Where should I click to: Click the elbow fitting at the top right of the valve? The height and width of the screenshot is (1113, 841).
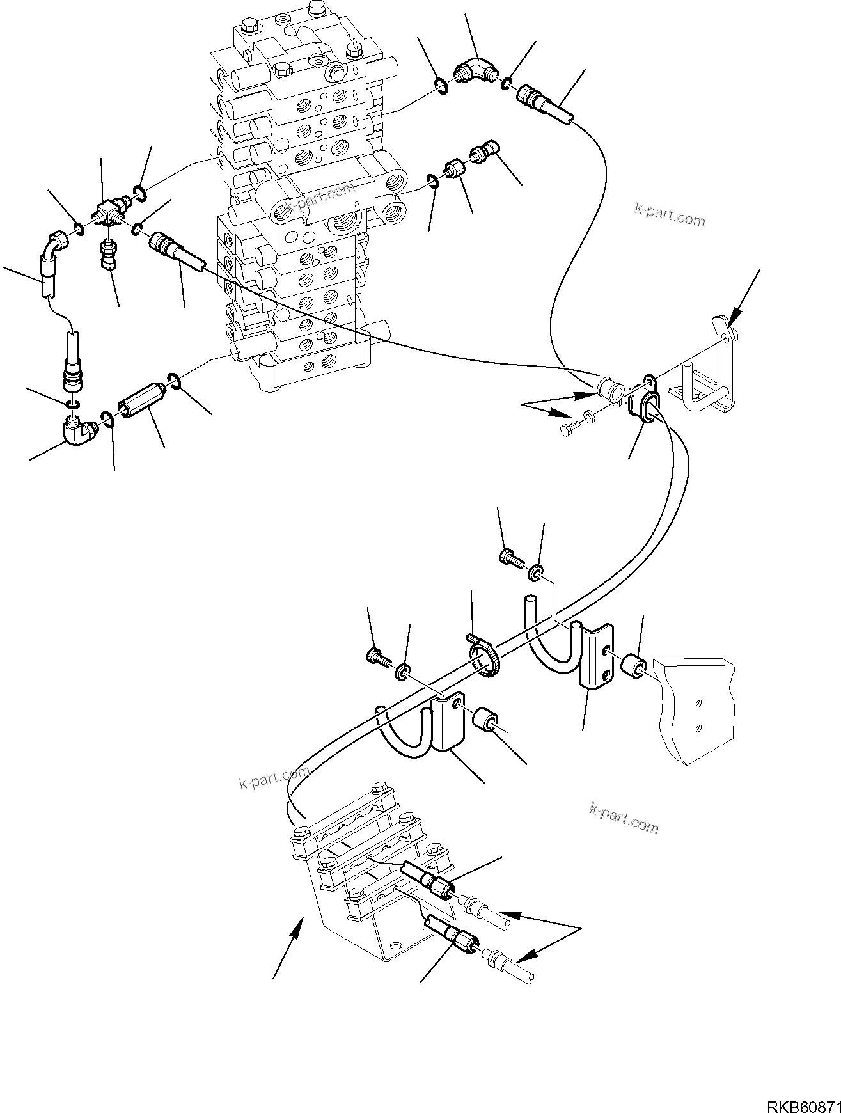(x=474, y=70)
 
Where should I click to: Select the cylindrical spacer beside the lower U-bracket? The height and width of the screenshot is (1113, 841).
(x=484, y=718)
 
